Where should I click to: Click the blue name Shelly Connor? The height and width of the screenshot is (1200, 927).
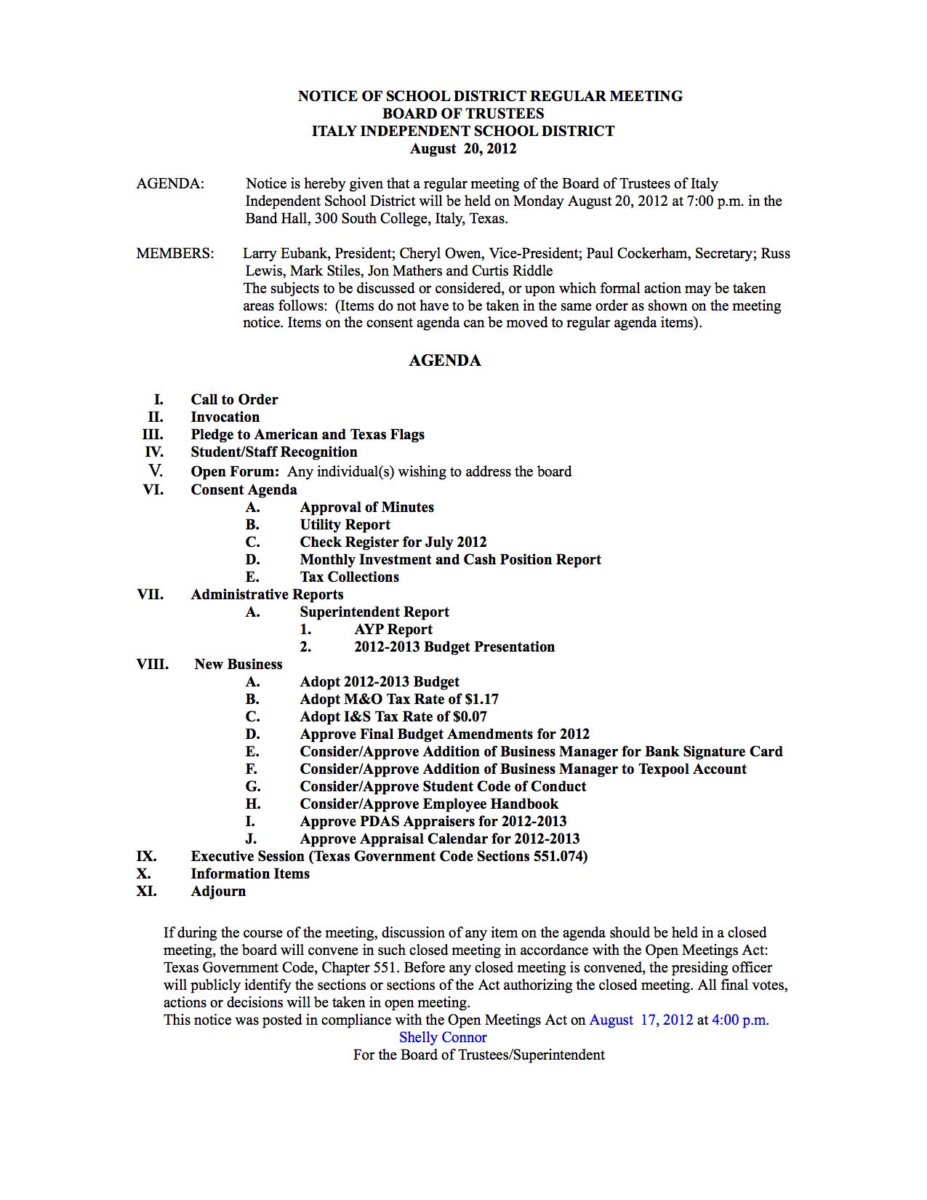(x=443, y=1038)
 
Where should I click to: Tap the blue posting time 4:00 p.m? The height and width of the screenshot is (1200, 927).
(x=740, y=1020)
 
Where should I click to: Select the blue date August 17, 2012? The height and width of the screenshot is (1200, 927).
(x=641, y=1020)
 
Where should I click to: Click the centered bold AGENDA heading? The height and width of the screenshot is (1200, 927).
(x=445, y=361)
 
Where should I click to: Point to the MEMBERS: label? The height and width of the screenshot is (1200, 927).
(x=175, y=254)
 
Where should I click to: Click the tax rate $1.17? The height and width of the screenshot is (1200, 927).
(x=482, y=700)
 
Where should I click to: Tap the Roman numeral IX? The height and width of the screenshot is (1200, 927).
(x=147, y=857)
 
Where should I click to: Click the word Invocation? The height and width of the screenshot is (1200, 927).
(x=225, y=417)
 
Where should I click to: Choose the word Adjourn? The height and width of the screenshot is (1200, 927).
(x=218, y=892)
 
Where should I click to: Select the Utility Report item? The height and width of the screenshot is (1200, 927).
(x=345, y=525)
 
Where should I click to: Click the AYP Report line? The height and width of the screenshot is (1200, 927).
(x=393, y=630)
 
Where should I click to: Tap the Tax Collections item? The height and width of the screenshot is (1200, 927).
(x=350, y=577)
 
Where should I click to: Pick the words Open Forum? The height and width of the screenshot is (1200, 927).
(x=235, y=471)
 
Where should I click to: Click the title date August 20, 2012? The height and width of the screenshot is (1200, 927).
(x=463, y=149)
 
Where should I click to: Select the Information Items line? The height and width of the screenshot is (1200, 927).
(x=250, y=874)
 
